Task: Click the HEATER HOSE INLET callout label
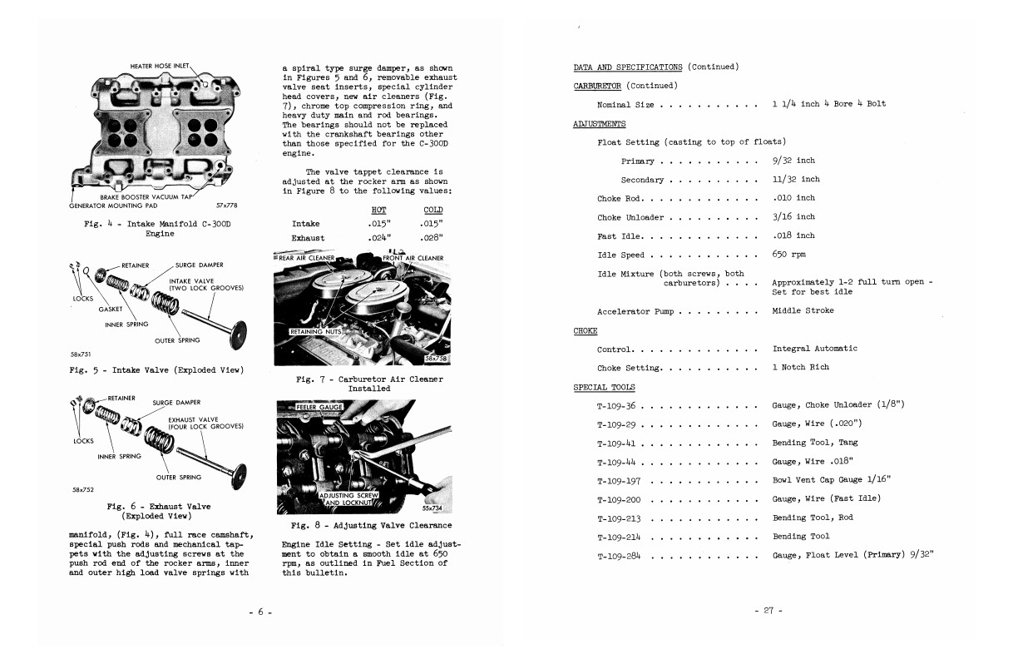click(161, 66)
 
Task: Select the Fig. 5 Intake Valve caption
click(156, 369)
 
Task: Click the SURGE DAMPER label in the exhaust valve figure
click(176, 403)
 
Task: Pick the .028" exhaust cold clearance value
click(432, 238)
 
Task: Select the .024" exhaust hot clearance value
click(378, 238)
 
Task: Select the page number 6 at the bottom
click(259, 612)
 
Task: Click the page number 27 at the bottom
click(768, 611)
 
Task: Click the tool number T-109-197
click(620, 481)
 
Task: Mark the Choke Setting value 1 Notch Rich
click(800, 367)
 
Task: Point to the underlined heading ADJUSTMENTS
click(600, 123)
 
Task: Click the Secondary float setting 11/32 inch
click(795, 179)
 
